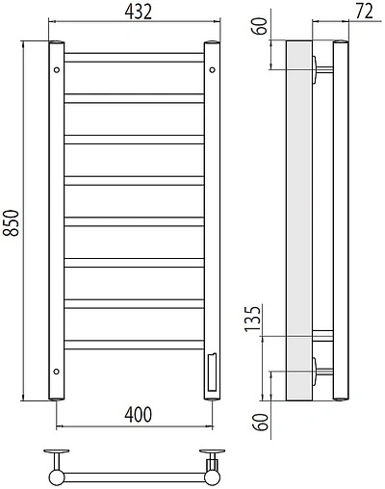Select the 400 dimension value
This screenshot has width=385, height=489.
(138, 414)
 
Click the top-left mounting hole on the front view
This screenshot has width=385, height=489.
(57, 68)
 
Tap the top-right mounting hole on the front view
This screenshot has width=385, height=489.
(213, 68)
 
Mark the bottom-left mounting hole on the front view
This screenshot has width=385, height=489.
(57, 370)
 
